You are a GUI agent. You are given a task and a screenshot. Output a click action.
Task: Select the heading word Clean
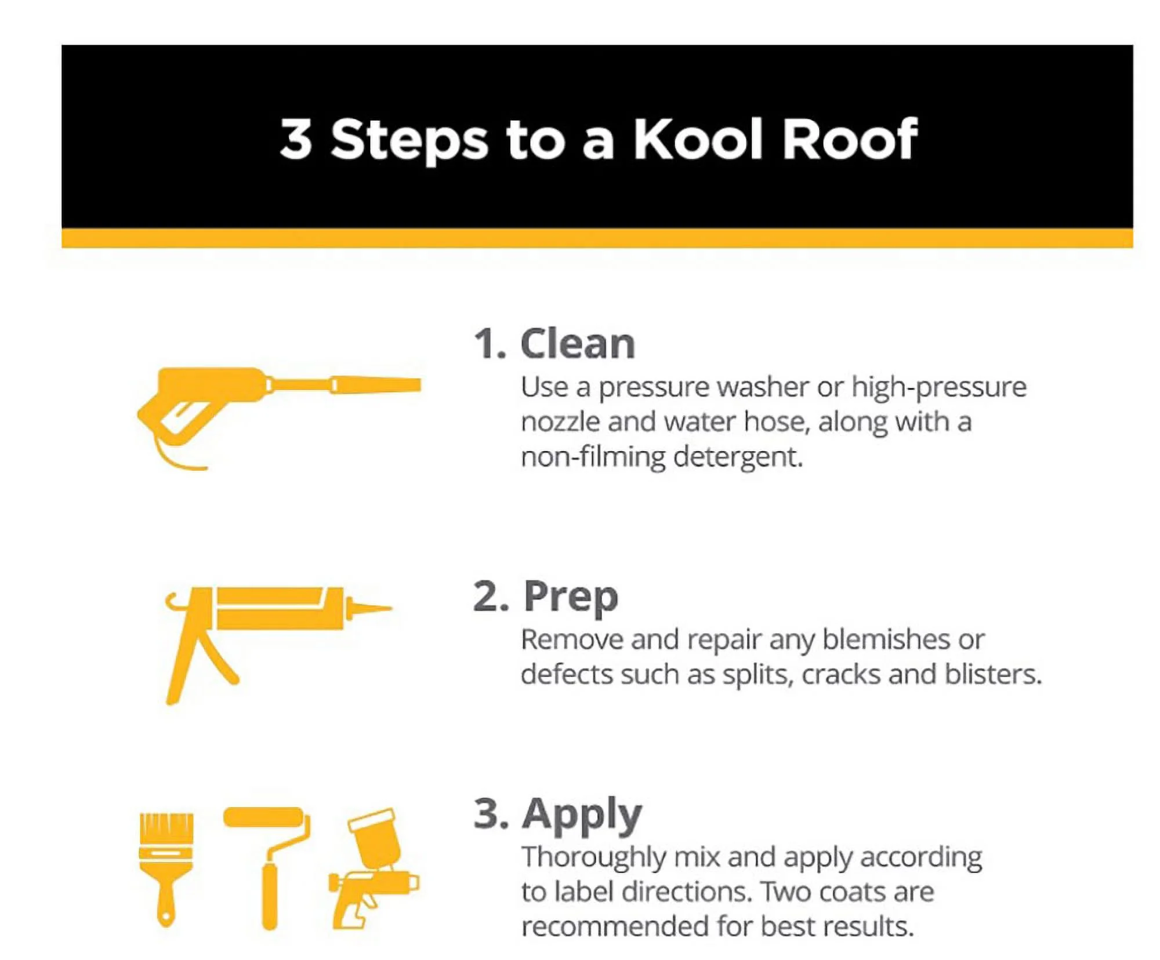pyautogui.click(x=578, y=344)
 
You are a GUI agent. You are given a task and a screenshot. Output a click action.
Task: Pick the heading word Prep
pyautogui.click(x=571, y=597)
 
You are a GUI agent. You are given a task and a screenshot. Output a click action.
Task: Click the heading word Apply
pyautogui.click(x=582, y=814)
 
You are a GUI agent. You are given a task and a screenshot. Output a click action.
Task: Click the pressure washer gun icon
pyautogui.click(x=232, y=400)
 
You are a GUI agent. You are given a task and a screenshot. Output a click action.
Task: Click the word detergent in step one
pyautogui.click(x=738, y=457)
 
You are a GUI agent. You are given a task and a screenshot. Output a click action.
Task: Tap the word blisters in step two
pyautogui.click(x=993, y=675)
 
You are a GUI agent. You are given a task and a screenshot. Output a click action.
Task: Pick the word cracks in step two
pyautogui.click(x=841, y=675)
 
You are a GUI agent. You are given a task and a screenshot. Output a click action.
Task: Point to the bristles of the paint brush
pyautogui.click(x=166, y=826)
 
